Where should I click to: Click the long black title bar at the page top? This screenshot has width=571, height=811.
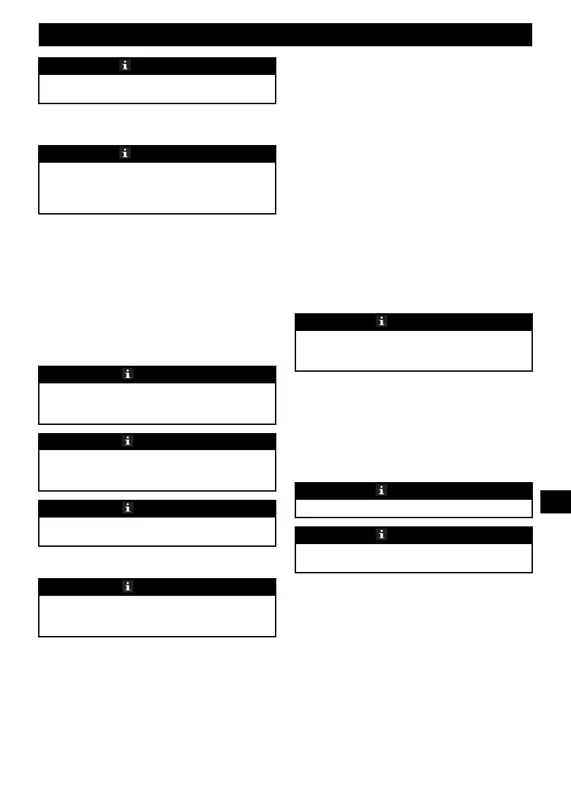(285, 35)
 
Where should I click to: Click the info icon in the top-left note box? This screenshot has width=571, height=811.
(126, 65)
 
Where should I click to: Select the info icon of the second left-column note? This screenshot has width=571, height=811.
(126, 153)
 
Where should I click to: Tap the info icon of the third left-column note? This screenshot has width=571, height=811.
(127, 374)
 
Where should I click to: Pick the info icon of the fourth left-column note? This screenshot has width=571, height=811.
(127, 441)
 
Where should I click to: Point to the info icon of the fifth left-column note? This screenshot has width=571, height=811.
(127, 508)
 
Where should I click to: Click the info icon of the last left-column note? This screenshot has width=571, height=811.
(127, 586)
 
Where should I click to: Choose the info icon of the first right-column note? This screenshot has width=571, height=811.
(382, 321)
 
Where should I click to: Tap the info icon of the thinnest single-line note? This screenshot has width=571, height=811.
(382, 490)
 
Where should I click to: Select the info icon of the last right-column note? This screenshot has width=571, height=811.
(382, 535)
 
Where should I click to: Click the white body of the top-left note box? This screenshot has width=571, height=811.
(157, 89)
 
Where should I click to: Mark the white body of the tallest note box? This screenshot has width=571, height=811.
(157, 187)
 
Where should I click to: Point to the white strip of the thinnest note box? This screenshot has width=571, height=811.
(413, 508)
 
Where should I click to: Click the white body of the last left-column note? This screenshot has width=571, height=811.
(157, 616)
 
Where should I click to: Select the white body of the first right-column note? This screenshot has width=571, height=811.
(413, 350)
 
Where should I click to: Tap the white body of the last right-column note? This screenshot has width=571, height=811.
(413, 558)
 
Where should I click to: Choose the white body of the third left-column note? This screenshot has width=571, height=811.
(157, 403)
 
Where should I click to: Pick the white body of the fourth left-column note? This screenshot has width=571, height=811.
(157, 470)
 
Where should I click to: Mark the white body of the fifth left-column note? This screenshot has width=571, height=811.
(157, 531)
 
